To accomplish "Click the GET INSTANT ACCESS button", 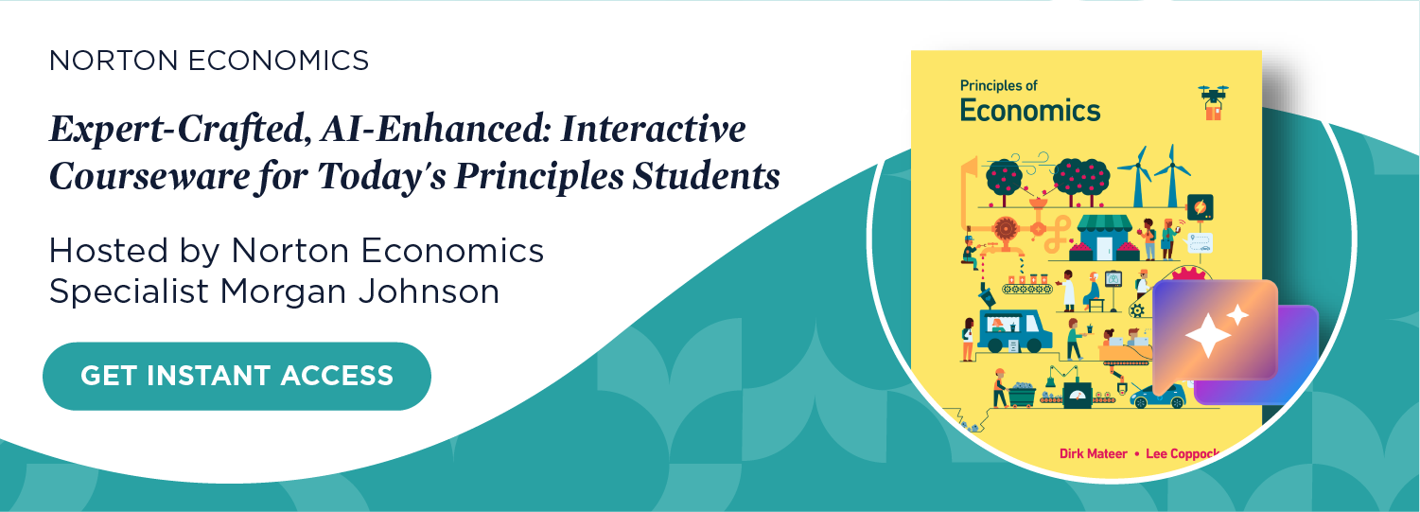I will click(x=237, y=376).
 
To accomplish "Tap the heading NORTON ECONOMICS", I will click(x=209, y=62).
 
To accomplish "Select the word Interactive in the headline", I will click(x=653, y=130).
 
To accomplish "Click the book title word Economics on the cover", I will click(x=1030, y=110).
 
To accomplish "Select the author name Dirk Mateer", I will click(x=1093, y=453).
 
